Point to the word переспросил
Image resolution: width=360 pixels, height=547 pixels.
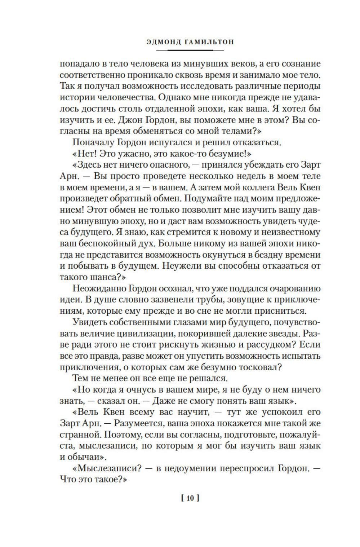[249, 468]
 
